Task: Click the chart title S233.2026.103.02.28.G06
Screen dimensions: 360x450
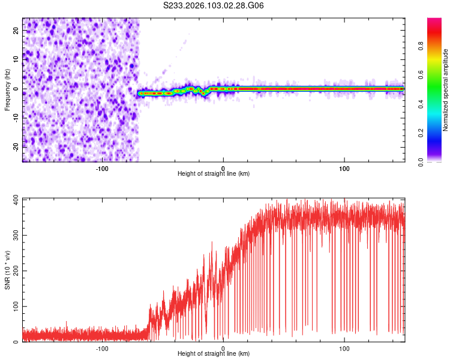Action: [214, 6]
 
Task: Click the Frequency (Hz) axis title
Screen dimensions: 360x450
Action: [7, 89]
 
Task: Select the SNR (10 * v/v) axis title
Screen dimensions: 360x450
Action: [7, 269]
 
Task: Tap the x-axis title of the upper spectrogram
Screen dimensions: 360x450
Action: [214, 173]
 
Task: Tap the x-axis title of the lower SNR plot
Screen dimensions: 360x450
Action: [214, 353]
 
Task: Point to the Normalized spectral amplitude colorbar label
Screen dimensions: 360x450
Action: [446, 90]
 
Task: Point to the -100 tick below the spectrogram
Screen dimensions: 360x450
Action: [102, 167]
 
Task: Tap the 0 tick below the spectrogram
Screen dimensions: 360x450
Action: [223, 167]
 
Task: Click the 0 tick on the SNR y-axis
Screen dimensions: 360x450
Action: [16, 342]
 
